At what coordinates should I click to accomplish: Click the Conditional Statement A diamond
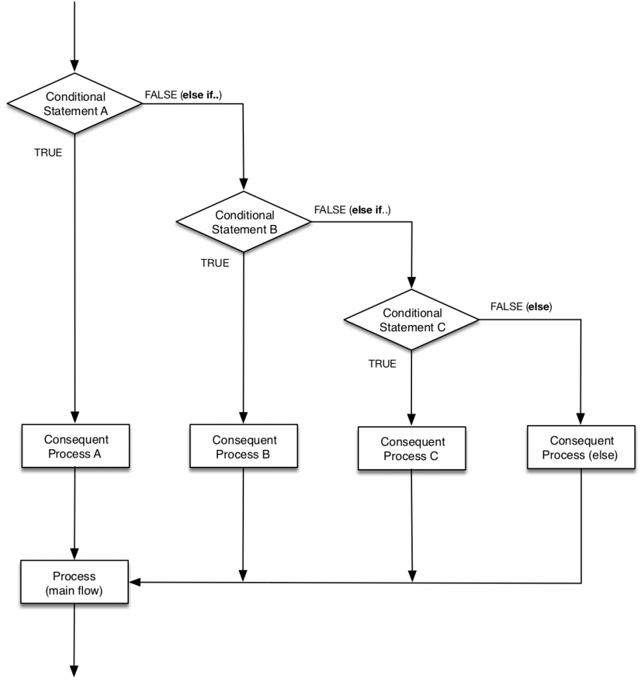coord(75,104)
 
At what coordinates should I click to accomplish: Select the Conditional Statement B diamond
coord(244,222)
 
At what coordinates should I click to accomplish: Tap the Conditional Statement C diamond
coord(411,320)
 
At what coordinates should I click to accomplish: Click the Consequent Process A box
coord(75,446)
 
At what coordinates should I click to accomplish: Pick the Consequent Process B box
coord(244,447)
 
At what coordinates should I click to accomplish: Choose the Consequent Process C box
coord(411,449)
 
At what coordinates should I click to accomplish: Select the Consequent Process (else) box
coord(582,448)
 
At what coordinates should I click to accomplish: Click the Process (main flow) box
coord(75,583)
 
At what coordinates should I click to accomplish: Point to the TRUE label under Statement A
coord(48,153)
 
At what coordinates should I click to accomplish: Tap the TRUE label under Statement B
coord(215,263)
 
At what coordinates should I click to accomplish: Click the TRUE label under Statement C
coord(382,364)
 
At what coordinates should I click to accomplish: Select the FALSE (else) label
coord(521,307)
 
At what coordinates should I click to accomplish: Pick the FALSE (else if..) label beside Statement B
coord(352,209)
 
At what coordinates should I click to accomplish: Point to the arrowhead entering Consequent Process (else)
coord(581,419)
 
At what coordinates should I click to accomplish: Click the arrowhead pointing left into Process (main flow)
coord(135,582)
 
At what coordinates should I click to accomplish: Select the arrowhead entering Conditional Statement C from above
coord(411,283)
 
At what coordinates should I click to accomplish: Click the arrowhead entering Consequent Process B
coord(244,418)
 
